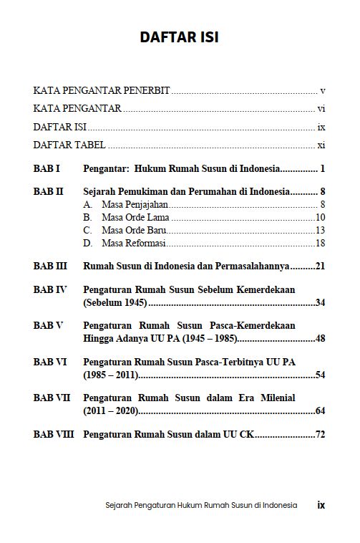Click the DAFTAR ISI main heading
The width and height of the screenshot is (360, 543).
click(x=180, y=38)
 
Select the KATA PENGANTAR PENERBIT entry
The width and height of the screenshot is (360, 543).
click(x=102, y=92)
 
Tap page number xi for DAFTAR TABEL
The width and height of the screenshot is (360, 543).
click(x=321, y=145)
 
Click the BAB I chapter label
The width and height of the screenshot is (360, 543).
click(x=47, y=170)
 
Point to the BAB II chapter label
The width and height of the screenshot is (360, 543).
click(x=49, y=193)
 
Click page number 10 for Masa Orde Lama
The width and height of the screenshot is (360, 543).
click(x=320, y=218)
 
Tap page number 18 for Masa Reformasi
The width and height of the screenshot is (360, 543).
click(x=320, y=244)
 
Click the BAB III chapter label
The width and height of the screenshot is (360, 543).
click(x=50, y=266)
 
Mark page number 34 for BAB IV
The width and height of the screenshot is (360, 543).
click(x=320, y=303)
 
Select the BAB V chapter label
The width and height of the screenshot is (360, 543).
click(x=49, y=325)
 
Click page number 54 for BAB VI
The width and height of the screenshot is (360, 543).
click(x=320, y=375)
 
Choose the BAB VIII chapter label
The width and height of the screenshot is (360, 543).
click(x=54, y=434)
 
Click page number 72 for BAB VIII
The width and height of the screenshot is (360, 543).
click(x=320, y=434)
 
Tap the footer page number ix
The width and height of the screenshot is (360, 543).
click(x=321, y=504)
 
